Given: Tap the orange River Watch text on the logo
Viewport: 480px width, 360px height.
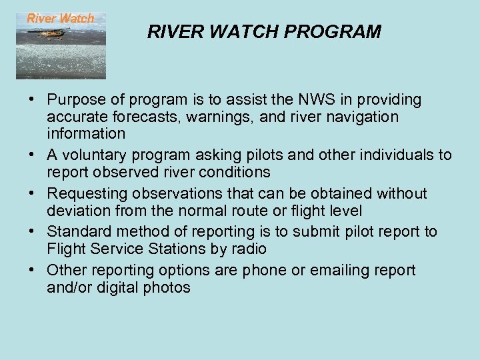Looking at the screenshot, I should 61,19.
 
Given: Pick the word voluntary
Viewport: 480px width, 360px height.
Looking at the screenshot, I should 93,155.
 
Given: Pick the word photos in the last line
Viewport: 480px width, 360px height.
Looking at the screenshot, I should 169,287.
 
